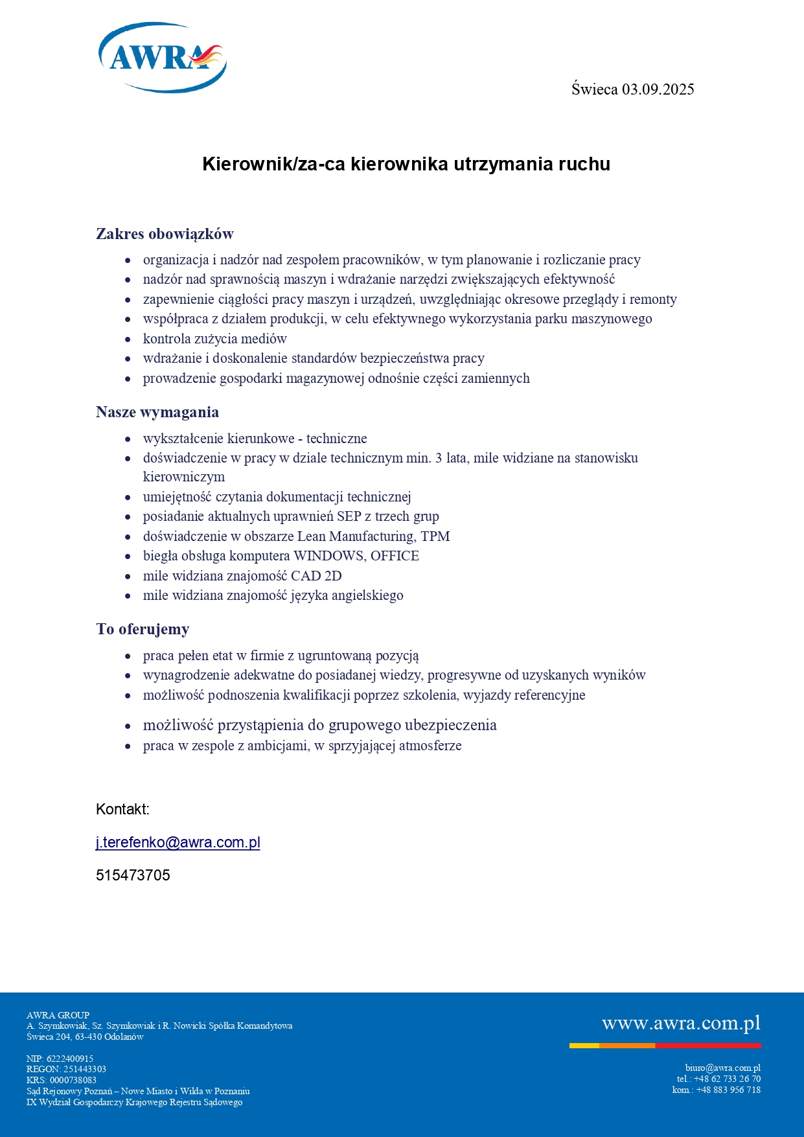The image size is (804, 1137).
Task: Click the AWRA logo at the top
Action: coord(162,58)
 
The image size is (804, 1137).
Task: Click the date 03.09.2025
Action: coord(658,89)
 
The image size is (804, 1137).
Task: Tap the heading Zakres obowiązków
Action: coord(165,234)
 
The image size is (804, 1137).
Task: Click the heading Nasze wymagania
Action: coord(157,412)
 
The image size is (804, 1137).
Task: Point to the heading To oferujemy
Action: coord(143,629)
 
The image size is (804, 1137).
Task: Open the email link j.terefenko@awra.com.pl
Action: coord(178,842)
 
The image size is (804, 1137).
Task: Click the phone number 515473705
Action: coord(133,875)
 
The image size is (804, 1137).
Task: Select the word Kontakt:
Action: coord(122,809)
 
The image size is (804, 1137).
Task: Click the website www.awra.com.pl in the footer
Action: coord(681,1023)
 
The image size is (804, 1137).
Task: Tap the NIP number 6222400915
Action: coord(70,1059)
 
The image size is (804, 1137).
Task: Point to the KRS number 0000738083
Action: coord(73,1080)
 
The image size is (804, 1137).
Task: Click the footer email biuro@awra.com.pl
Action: coord(722,1068)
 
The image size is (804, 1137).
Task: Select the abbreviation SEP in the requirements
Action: coord(349,516)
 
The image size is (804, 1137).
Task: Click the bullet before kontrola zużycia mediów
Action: coord(128,339)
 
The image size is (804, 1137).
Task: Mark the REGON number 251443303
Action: coord(85,1069)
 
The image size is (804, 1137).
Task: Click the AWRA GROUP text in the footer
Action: coord(58,1015)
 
